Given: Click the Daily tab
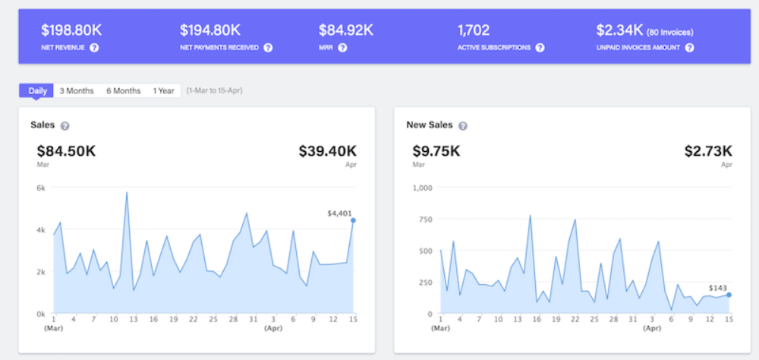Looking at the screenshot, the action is (x=36, y=90).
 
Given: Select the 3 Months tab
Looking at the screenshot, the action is (x=77, y=90).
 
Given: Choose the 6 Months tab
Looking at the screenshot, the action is (x=124, y=90).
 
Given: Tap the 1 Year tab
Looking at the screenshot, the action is (x=164, y=90).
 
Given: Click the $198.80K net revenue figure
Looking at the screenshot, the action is (x=71, y=30).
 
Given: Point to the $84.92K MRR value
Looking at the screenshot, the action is (x=345, y=30).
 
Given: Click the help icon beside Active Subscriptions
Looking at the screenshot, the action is (x=540, y=48).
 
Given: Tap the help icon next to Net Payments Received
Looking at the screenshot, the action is (x=268, y=48).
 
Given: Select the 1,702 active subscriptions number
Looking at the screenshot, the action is (x=474, y=30).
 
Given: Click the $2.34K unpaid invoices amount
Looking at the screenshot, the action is (x=619, y=30).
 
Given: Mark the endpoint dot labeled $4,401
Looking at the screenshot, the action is (x=354, y=220).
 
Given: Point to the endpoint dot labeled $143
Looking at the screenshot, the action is (x=729, y=295).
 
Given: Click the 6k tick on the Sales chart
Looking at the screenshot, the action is (x=41, y=188).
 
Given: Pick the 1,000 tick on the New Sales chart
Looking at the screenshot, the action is (x=422, y=188).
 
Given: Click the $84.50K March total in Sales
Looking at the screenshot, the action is (x=66, y=151).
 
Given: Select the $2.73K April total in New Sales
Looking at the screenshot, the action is (x=708, y=151).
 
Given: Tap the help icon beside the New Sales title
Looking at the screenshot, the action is (x=463, y=126).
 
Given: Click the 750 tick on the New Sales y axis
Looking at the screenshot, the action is (x=425, y=219).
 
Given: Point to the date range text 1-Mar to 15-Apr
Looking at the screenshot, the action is (x=215, y=90).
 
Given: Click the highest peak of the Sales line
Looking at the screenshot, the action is (x=126, y=192).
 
